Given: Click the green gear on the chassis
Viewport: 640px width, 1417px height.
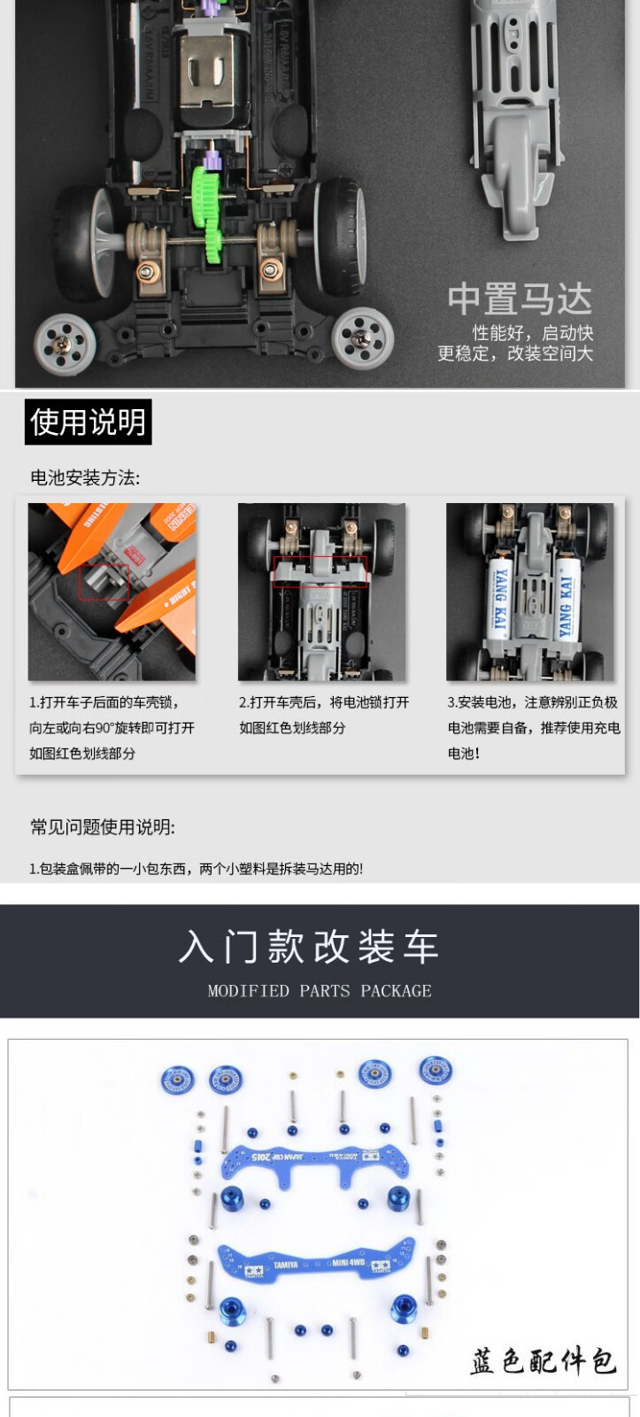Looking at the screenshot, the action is click(x=208, y=215).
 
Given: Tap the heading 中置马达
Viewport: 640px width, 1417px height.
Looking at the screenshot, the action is click(x=520, y=299).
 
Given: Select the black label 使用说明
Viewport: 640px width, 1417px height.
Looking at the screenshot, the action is click(x=88, y=422).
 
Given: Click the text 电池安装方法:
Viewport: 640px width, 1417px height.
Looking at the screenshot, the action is click(x=85, y=477).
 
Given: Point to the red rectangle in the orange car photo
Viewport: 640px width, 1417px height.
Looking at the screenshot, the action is click(x=104, y=583).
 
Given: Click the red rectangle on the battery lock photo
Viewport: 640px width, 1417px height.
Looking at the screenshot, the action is click(x=320, y=572).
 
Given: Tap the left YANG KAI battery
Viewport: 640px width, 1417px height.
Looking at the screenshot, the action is click(x=499, y=599).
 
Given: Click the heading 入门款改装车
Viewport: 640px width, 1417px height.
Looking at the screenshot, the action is click(x=309, y=947).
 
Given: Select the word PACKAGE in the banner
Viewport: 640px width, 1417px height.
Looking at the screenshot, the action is click(x=396, y=991).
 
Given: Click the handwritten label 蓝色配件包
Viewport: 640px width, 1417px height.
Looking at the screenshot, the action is click(x=543, y=1361).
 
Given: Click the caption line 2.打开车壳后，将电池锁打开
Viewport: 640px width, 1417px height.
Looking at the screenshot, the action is click(x=324, y=702).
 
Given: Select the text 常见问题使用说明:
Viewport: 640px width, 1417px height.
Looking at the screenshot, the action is click(x=103, y=827).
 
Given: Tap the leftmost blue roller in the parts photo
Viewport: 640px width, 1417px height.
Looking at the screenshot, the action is click(x=177, y=1080).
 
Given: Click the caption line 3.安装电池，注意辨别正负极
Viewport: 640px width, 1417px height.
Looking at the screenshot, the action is click(x=533, y=702).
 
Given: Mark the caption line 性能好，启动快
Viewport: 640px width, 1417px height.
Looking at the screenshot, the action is click(x=533, y=333).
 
